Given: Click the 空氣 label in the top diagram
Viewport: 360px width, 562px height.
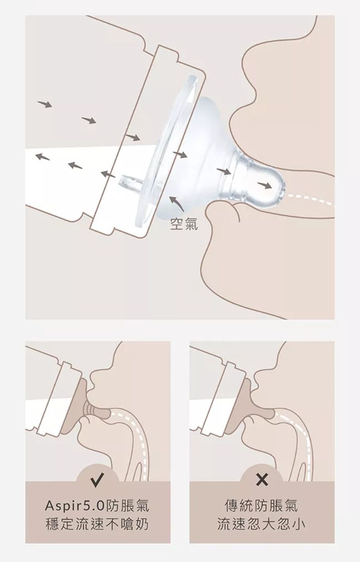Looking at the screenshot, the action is (184, 224).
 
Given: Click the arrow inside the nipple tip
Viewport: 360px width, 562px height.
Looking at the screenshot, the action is (265, 186).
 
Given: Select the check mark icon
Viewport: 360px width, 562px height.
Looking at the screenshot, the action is (97, 480).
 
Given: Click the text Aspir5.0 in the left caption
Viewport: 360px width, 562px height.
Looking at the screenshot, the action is (74, 506).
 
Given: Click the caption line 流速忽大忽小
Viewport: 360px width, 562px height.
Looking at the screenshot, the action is (261, 524).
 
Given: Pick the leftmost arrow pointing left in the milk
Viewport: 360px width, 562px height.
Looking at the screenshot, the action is (42, 157).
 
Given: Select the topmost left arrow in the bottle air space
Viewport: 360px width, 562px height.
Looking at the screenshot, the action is (45, 105).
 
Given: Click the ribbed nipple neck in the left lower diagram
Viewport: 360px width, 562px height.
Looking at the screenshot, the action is (90, 411).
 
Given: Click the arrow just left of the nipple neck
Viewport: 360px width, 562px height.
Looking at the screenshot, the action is (223, 171).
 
